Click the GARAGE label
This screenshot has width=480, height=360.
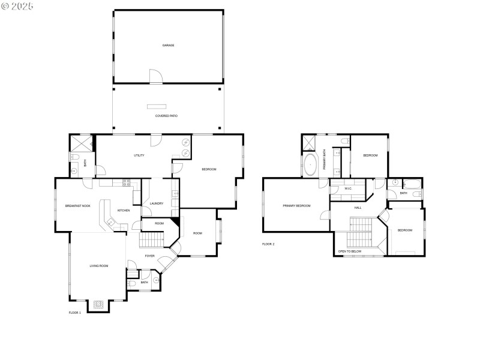tap(168, 45)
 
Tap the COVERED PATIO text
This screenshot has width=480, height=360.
tap(166, 116)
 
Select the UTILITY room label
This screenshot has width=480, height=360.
tap(139, 155)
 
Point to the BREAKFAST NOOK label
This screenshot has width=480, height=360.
tap(77, 206)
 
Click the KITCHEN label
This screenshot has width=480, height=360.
tap(124, 210)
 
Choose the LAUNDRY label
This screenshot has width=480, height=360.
tap(157, 203)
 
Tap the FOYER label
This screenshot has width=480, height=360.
tap(149, 256)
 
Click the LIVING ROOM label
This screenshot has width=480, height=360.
tap(99, 266)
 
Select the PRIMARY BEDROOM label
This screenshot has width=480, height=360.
tap(296, 206)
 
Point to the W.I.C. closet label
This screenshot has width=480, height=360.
tap(348, 189)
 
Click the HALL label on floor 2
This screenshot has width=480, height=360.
tap(358, 208)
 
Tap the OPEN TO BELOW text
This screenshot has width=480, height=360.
tap(350, 251)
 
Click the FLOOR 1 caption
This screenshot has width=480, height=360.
tap(75, 313)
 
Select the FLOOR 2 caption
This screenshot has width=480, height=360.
tap(268, 244)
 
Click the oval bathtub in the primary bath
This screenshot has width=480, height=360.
tap(310, 164)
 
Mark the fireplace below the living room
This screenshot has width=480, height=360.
tap(98, 305)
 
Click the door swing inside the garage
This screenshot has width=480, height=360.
tap(155, 76)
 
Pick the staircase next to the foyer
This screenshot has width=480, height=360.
tap(152, 240)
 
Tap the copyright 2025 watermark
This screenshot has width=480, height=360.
tap(18, 6)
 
